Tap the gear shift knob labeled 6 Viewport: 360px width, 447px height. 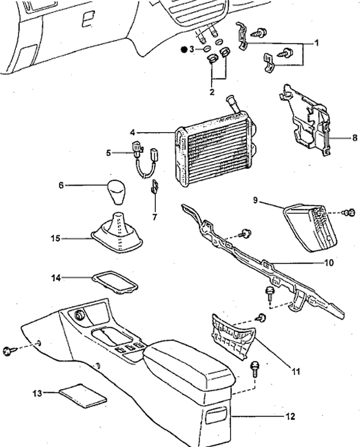tap(116, 191)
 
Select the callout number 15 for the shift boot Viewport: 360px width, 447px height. tap(56, 238)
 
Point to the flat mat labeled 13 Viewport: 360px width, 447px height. tap(83, 396)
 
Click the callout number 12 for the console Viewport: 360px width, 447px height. tap(290, 417)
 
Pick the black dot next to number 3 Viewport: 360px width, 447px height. tap(184, 50)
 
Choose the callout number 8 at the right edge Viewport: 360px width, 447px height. tap(355, 138)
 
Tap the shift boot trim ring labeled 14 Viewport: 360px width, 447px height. tap(115, 282)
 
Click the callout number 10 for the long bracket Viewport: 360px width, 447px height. tap(329, 263)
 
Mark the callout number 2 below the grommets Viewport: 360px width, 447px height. tap(212, 92)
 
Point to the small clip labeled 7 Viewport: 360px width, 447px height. tap(155, 186)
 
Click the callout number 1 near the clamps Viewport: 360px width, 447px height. tap(316, 43)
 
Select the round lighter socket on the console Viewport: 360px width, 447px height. tap(79, 315)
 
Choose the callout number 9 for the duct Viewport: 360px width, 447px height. tap(255, 200)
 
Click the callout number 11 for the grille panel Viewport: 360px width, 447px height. tap(296, 371)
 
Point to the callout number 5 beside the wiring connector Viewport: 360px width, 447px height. tap(108, 153)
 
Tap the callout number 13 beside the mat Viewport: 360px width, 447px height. tap(37, 393)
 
